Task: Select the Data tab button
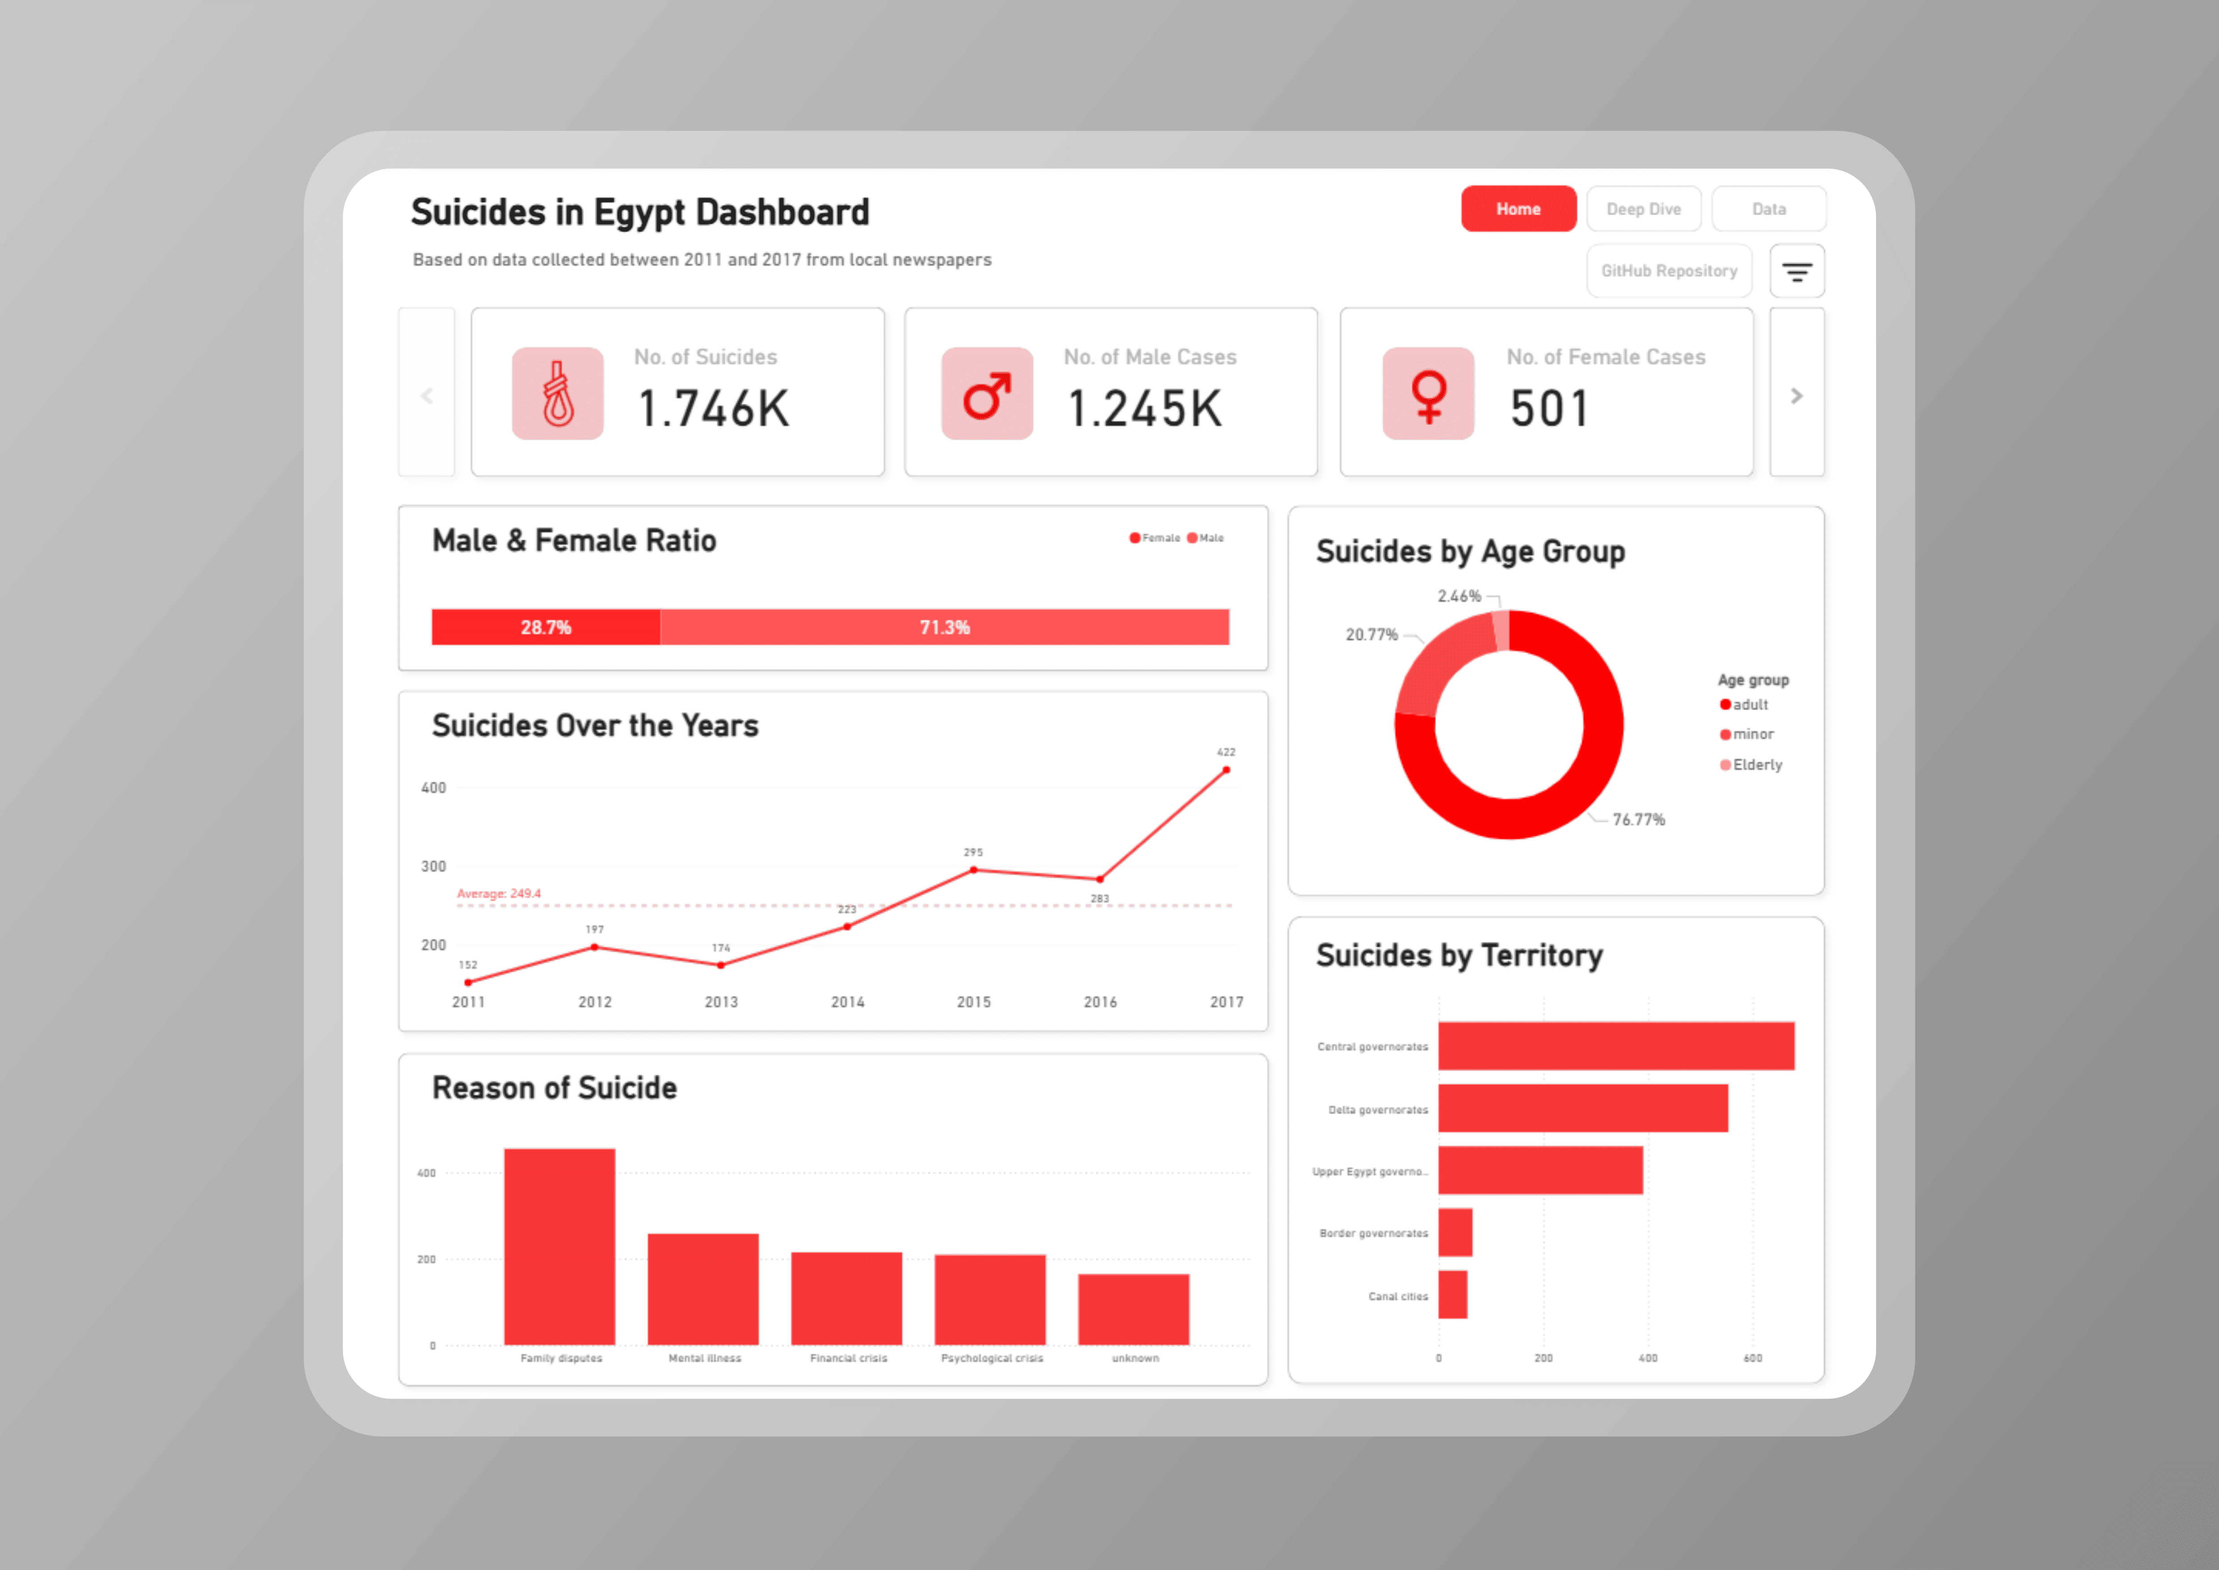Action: pos(1769,209)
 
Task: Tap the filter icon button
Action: pos(1797,272)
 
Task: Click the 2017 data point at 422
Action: pos(1226,771)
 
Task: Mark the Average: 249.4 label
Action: pos(499,893)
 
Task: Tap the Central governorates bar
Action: pos(1616,1046)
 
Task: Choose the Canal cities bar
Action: pos(1453,1294)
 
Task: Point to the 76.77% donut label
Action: pos(1638,820)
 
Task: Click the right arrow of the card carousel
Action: pos(1797,395)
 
